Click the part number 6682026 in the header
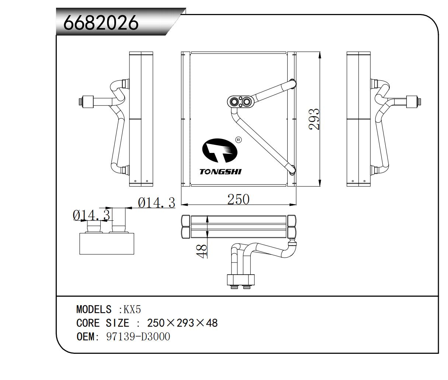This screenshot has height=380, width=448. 101,23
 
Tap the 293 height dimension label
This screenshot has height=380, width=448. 314,119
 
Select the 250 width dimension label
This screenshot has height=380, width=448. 238,199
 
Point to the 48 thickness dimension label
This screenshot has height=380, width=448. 202,250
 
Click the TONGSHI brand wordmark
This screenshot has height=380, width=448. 220,172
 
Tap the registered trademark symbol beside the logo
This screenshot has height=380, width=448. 238,140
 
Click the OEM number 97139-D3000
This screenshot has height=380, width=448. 138,337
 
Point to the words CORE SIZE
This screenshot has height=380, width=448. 103,323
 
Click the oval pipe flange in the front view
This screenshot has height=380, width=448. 241,102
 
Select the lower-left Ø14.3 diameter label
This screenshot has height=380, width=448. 91,215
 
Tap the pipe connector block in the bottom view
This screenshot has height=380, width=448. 241,280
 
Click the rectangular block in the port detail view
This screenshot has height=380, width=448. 107,243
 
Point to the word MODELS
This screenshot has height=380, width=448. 94,309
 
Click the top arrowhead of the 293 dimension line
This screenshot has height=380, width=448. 320,55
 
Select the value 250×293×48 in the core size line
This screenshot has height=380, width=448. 182,323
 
